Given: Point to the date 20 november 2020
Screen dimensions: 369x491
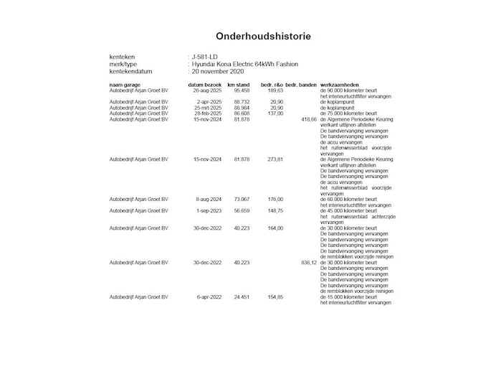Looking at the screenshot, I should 219,72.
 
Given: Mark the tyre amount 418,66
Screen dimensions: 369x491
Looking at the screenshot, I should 309,119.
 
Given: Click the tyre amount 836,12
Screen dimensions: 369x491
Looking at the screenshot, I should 309,263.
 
